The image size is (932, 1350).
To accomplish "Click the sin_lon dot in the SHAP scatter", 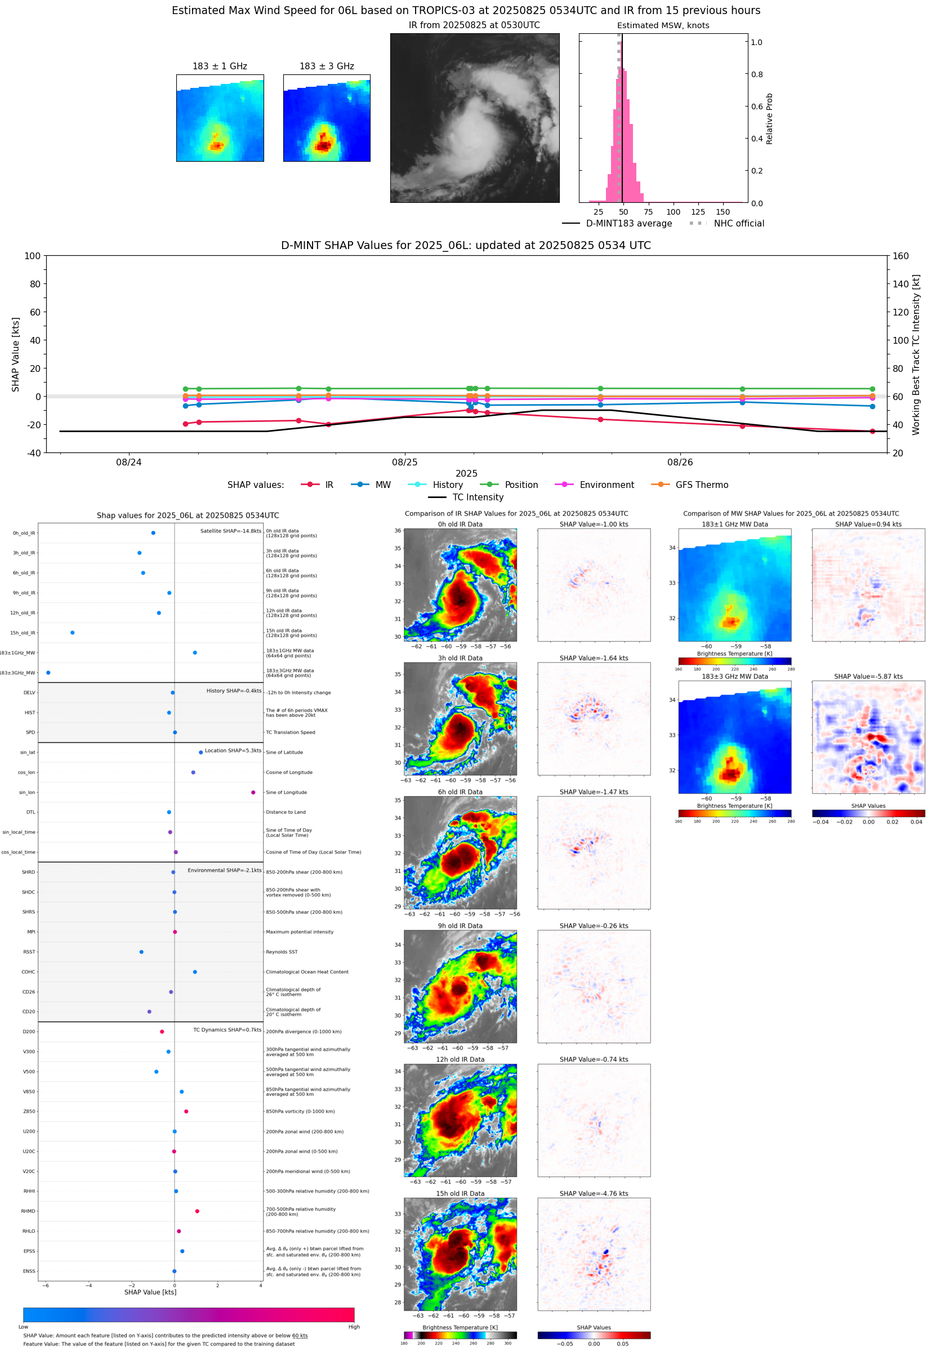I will pos(253,792).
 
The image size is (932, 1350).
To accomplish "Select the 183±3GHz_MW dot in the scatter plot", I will pos(48,672).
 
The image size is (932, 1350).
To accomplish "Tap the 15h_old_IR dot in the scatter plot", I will pos(73,633).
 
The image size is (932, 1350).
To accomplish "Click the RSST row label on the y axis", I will pos(29,952).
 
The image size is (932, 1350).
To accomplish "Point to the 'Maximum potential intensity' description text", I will pos(300,932).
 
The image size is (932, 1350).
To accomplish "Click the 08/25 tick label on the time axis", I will pos(405,462).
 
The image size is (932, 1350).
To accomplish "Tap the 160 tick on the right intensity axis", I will pos(900,256).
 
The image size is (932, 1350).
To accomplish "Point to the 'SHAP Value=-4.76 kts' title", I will pos(594,1193).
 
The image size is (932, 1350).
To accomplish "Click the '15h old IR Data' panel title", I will pos(460,1193).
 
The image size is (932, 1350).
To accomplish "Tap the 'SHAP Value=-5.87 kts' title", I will pos(868,677).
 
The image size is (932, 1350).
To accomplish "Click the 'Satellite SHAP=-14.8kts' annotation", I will pos(231,531).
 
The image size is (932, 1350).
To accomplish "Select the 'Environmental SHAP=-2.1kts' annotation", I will pos(224,871).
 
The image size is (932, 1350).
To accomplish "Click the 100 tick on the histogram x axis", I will pos(673,212).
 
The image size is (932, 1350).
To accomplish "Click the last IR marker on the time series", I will pos(872,431).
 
